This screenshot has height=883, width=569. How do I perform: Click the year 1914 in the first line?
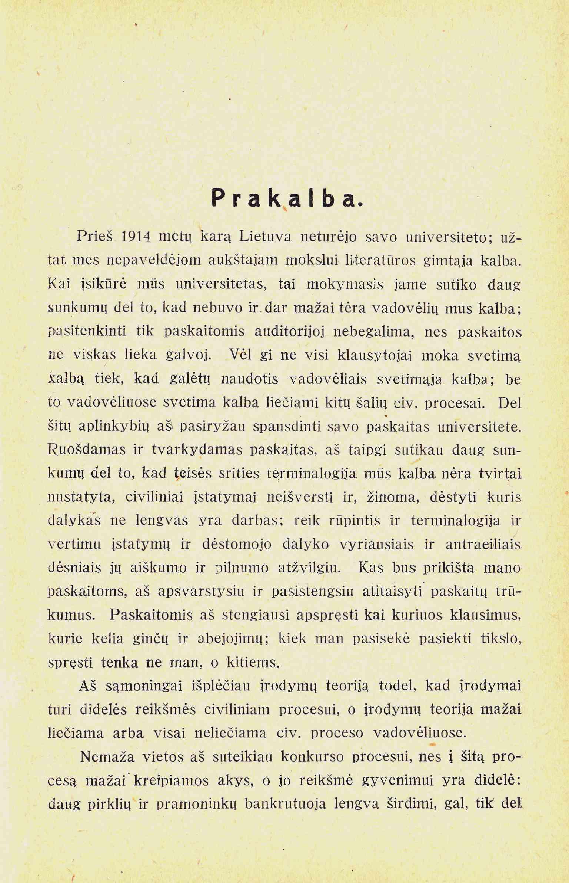pos(136,236)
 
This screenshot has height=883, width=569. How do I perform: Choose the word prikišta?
pos(448,568)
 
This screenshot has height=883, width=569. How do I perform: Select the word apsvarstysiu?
pos(201,592)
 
